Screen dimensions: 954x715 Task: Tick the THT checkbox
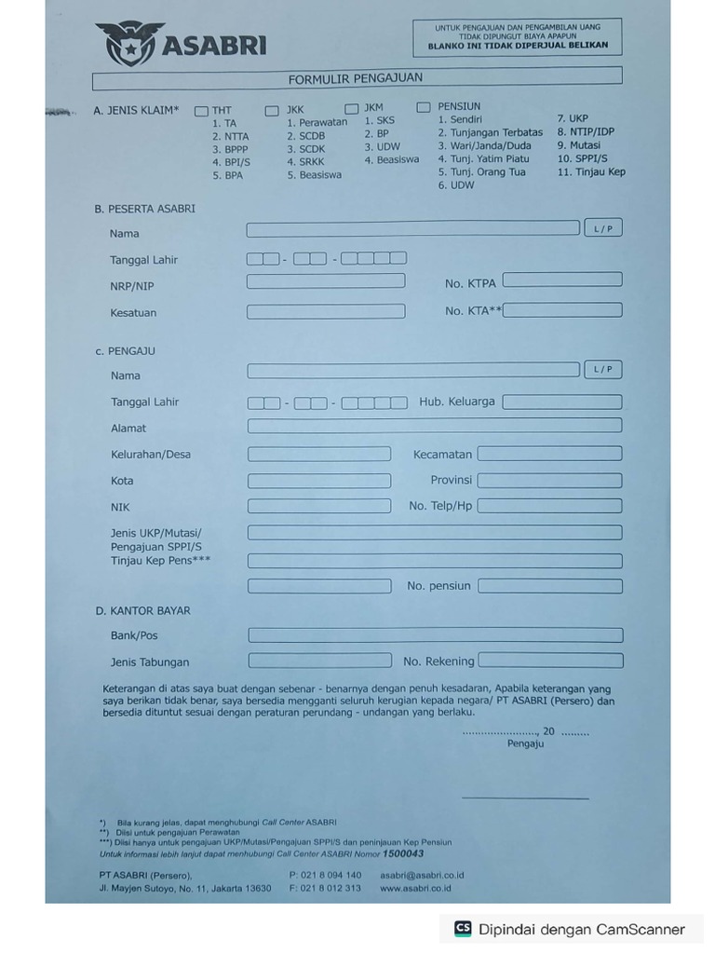pyautogui.click(x=201, y=111)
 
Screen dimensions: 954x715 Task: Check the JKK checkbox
pyautogui.click(x=272, y=111)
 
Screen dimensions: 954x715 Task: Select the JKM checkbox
pyautogui.click(x=352, y=109)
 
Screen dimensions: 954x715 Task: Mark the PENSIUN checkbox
pyautogui.click(x=424, y=107)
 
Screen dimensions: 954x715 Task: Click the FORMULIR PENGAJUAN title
pyautogui.click(x=356, y=79)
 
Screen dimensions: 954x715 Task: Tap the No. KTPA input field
pyautogui.click(x=562, y=279)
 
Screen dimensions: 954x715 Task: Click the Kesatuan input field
pyautogui.click(x=326, y=311)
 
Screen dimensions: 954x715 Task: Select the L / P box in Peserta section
pyautogui.click(x=603, y=228)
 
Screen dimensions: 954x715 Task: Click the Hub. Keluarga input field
pyautogui.click(x=562, y=402)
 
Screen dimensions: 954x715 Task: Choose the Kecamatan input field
pyautogui.click(x=549, y=454)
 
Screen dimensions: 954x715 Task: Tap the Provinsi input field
pyautogui.click(x=549, y=481)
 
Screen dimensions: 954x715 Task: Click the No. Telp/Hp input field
pyautogui.click(x=549, y=506)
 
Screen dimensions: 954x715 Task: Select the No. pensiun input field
pyautogui.click(x=550, y=586)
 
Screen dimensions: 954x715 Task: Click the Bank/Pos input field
pyautogui.click(x=435, y=635)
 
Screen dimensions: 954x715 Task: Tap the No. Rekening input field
pyautogui.click(x=550, y=661)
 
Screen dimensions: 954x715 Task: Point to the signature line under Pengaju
pyautogui.click(x=525, y=797)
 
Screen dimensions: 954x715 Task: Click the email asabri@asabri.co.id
pyautogui.click(x=422, y=876)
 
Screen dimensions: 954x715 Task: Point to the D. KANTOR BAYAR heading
pyautogui.click(x=142, y=611)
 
